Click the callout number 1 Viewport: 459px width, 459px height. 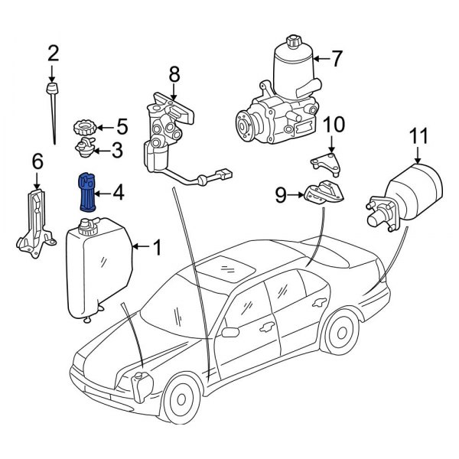coord(157,247)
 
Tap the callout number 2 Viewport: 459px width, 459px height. coord(53,53)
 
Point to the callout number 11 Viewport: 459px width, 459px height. coord(418,138)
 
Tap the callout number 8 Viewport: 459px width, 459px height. coord(174,74)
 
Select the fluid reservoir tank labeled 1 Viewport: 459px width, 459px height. coord(100,264)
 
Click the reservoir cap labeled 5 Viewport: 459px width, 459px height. coord(81,125)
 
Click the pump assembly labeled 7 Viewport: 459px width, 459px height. coord(283,99)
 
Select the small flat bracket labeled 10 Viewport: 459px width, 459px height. coord(325,160)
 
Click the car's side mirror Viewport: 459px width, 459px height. coord(229,332)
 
